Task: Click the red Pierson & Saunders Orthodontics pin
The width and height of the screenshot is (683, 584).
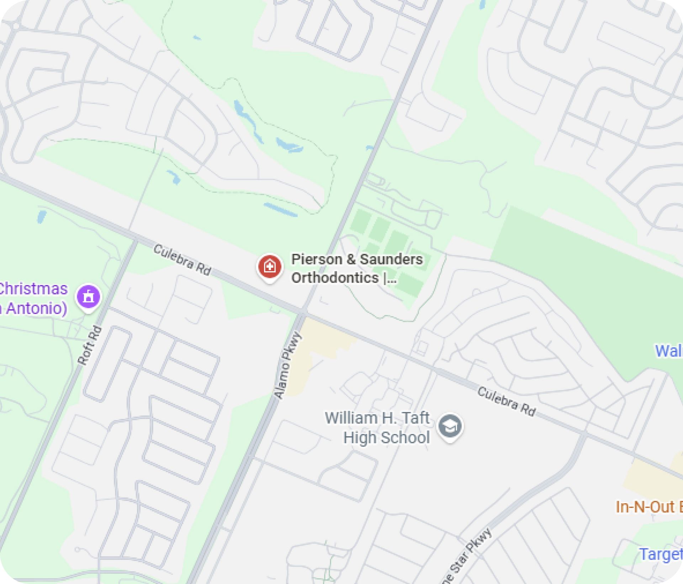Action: pos(270,267)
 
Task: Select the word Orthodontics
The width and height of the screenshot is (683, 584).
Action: pos(335,278)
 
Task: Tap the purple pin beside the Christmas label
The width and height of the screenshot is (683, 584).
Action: pos(88,296)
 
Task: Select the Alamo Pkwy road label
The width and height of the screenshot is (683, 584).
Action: pos(287,365)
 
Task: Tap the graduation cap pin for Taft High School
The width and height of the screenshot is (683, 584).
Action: pos(450,426)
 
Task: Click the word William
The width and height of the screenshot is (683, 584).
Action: pos(351,418)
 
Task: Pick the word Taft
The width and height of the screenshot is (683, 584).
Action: pos(415,418)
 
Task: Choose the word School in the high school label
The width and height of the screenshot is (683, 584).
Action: pos(408,437)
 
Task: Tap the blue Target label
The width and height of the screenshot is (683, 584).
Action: pos(660,554)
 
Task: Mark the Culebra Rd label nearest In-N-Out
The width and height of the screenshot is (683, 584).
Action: pos(506,402)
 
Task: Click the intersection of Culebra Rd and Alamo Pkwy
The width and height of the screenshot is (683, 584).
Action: pos(303,312)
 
